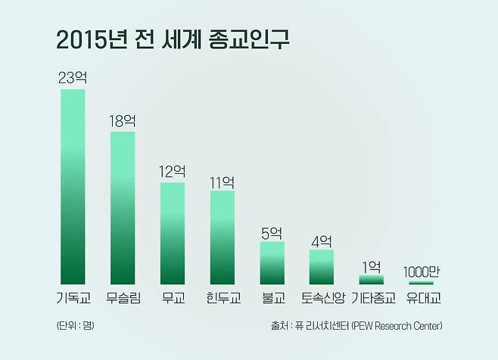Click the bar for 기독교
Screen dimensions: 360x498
coord(73,186)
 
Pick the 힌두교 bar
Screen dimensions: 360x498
coord(222,237)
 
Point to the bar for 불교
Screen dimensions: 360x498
coord(272,262)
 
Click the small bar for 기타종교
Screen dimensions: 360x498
coord(372,279)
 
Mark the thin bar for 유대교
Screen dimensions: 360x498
coord(422,283)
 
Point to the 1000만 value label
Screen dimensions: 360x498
coord(422,271)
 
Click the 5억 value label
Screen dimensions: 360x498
coord(272,231)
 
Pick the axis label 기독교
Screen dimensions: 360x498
coord(73,297)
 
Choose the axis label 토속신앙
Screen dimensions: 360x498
coord(322,297)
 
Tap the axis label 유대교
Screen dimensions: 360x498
coord(422,297)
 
